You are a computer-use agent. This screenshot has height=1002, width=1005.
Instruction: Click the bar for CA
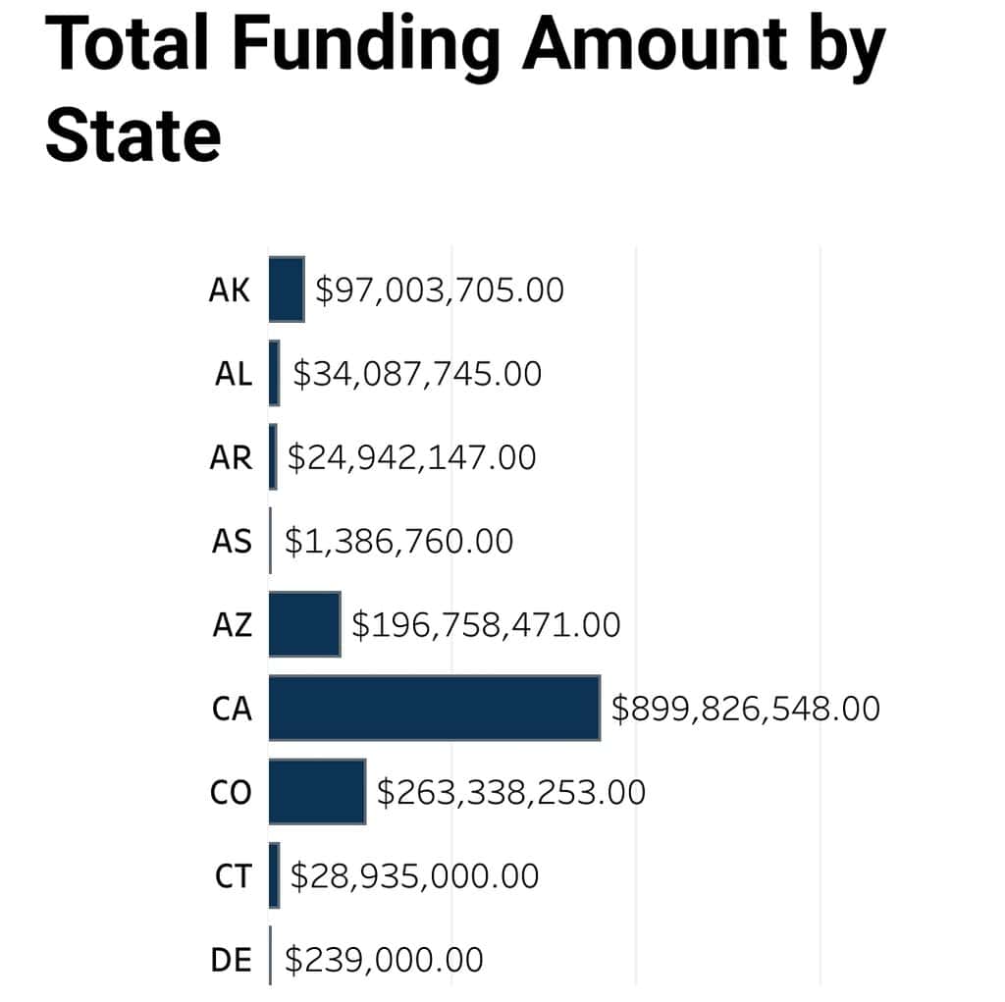click(x=434, y=708)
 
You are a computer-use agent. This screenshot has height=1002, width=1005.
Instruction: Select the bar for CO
click(x=317, y=792)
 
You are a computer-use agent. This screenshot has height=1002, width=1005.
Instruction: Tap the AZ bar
click(x=304, y=624)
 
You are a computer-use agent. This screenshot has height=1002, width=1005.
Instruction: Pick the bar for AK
click(x=287, y=290)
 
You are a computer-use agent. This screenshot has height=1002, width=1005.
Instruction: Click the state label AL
click(x=233, y=374)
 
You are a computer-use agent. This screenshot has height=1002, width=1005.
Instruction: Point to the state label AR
click(x=232, y=458)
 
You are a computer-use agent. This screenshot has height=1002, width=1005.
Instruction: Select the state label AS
click(x=232, y=542)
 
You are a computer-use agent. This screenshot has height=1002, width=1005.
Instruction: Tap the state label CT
click(x=233, y=876)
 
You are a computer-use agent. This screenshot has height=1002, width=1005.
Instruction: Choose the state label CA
click(x=232, y=709)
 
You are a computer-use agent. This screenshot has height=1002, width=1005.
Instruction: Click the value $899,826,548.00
click(x=745, y=709)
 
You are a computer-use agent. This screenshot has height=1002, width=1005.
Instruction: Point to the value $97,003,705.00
click(x=439, y=290)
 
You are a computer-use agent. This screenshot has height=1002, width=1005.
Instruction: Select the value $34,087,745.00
click(x=416, y=374)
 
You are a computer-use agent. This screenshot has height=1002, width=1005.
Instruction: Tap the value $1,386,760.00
click(x=398, y=542)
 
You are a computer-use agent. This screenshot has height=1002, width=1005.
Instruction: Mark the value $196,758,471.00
click(x=486, y=625)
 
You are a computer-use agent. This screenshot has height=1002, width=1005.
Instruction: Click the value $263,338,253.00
click(x=511, y=792)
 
